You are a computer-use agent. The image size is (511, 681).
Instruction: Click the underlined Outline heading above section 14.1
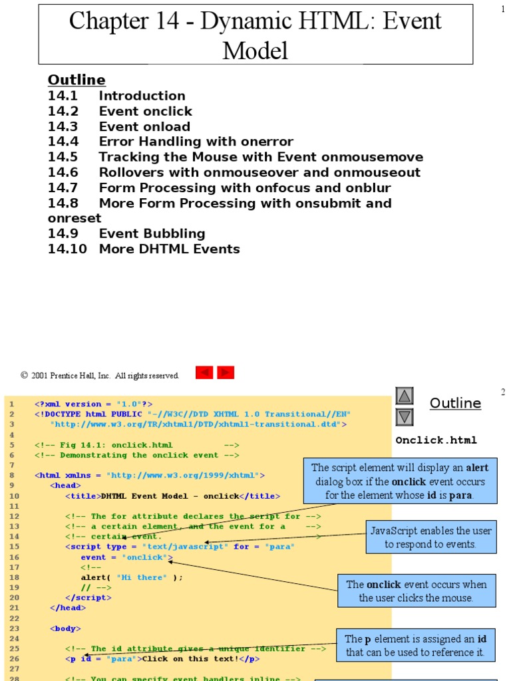coord(77,80)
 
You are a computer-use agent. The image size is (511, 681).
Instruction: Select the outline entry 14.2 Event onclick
coord(120,111)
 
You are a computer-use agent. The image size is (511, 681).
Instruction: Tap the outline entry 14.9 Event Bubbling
coord(126,233)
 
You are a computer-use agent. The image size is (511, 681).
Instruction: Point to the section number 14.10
coord(65,249)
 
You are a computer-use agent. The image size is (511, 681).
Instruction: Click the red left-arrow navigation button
coord(204,372)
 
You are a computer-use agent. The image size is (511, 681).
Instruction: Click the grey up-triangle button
coord(405,397)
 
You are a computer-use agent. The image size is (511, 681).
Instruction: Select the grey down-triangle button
coord(405,417)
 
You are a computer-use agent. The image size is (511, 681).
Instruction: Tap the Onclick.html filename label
coord(436,440)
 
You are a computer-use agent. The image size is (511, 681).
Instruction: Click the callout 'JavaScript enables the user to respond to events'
coord(431,537)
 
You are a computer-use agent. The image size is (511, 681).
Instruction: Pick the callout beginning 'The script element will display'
coord(400,481)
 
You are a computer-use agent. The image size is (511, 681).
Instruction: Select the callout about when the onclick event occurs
coord(417,591)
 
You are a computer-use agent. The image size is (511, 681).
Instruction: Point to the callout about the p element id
coord(416,645)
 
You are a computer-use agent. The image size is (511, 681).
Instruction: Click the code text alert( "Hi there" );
coord(132,577)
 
